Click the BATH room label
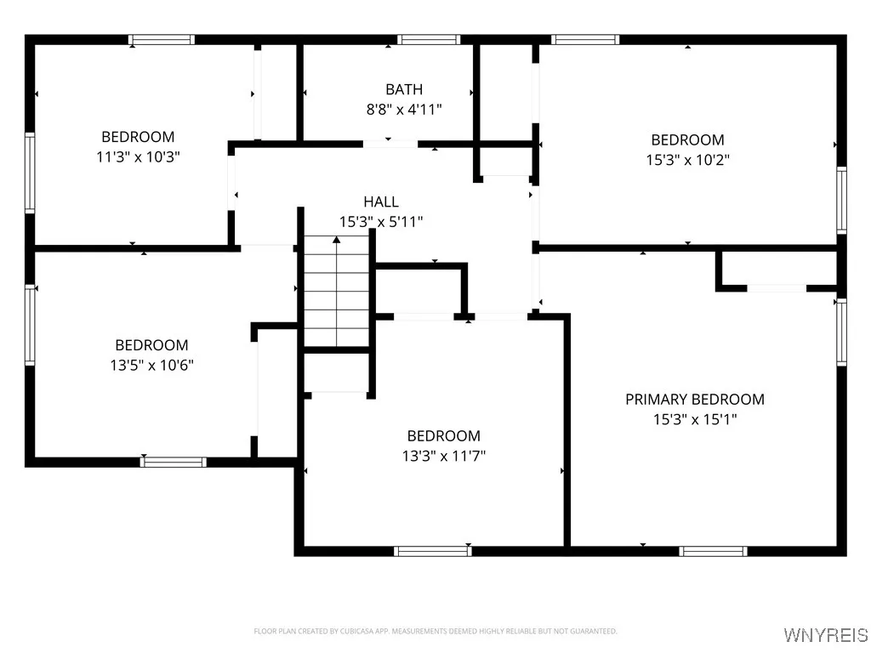pyautogui.click(x=403, y=89)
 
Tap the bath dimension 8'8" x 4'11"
pyautogui.click(x=403, y=109)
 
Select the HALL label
pyautogui.click(x=381, y=202)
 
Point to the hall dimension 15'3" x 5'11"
pyautogui.click(x=381, y=221)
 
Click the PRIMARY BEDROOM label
pyautogui.click(x=694, y=399)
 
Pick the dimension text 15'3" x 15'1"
pyautogui.click(x=694, y=419)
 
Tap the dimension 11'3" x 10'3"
pyautogui.click(x=138, y=156)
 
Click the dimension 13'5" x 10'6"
pyautogui.click(x=151, y=365)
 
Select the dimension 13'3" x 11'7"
pyautogui.click(x=443, y=456)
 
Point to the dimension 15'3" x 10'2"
pyautogui.click(x=687, y=159)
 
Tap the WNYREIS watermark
pyautogui.click(x=826, y=635)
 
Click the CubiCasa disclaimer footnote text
pyautogui.click(x=435, y=631)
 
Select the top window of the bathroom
pyautogui.click(x=429, y=39)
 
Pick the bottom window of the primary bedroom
pyautogui.click(x=714, y=551)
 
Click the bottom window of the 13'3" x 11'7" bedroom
pyautogui.click(x=432, y=551)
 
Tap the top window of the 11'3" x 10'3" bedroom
pyautogui.click(x=162, y=39)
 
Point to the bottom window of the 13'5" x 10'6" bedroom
pyautogui.click(x=174, y=462)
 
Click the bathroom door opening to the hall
pyautogui.click(x=390, y=144)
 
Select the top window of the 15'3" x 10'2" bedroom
pyautogui.click(x=585, y=39)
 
